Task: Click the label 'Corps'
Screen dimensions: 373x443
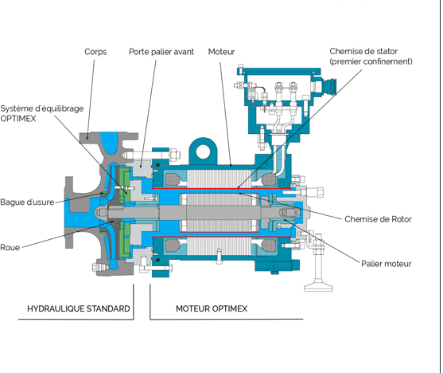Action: (x=95, y=52)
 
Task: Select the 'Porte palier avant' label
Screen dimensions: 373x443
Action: (x=161, y=52)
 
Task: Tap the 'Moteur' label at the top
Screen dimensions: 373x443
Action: (x=222, y=52)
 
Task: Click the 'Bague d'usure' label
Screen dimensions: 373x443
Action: (x=27, y=202)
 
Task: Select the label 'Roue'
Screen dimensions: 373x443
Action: (x=10, y=247)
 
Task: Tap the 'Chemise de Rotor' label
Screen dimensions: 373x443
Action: (x=378, y=218)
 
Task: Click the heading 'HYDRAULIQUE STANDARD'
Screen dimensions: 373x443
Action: (x=78, y=308)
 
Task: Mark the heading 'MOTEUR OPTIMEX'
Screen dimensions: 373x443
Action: (x=212, y=308)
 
